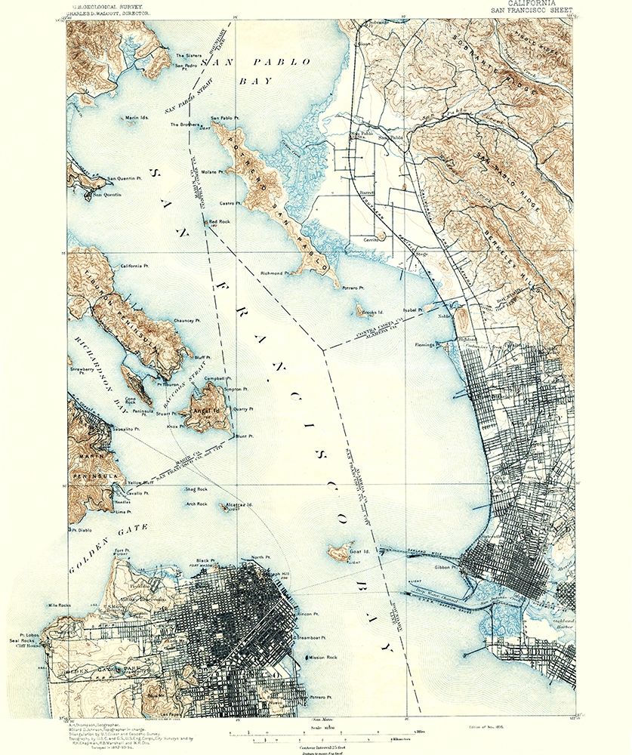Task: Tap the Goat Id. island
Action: [339, 553]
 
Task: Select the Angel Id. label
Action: [205, 411]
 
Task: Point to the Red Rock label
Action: [220, 222]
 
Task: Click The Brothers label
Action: [184, 125]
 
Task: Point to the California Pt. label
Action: [135, 266]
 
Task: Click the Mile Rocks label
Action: [59, 606]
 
